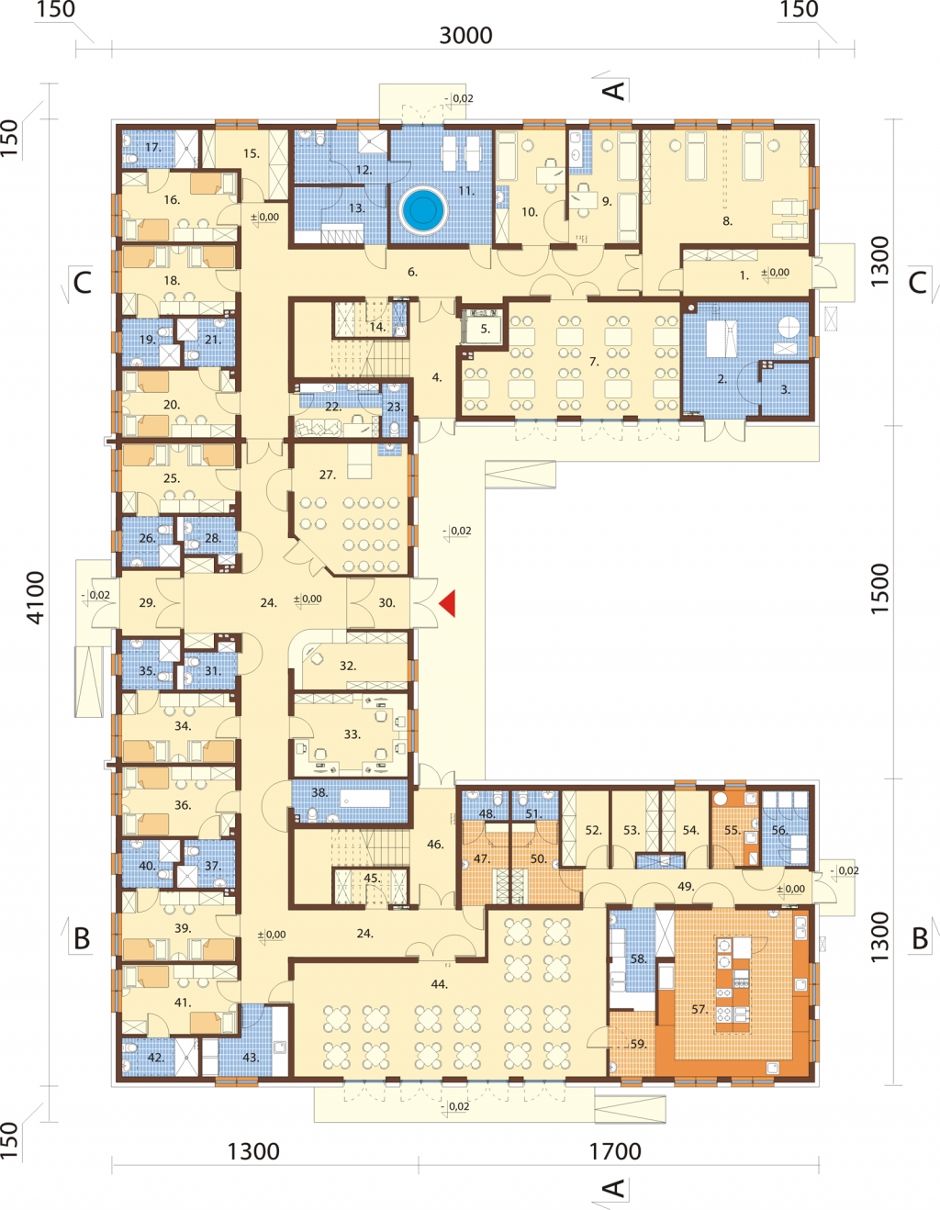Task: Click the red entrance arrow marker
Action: pyautogui.click(x=449, y=603)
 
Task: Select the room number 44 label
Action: pyautogui.click(x=439, y=984)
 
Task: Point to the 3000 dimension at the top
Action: pyautogui.click(x=465, y=36)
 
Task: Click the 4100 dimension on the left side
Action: pyautogui.click(x=36, y=598)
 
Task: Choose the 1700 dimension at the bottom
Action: pyautogui.click(x=615, y=1151)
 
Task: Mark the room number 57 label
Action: pyautogui.click(x=699, y=1009)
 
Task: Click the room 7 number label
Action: pyautogui.click(x=595, y=362)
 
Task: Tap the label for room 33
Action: pyautogui.click(x=352, y=734)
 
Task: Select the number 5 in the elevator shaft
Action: pyautogui.click(x=486, y=329)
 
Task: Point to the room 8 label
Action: pyautogui.click(x=727, y=221)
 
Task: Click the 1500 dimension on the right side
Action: pyautogui.click(x=881, y=589)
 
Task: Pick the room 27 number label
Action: pyautogui.click(x=327, y=475)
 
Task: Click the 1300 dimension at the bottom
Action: pyautogui.click(x=253, y=1151)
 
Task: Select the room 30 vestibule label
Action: pyautogui.click(x=386, y=602)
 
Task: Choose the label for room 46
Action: pyautogui.click(x=435, y=845)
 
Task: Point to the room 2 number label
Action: pyautogui.click(x=722, y=379)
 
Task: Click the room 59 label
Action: pyautogui.click(x=638, y=1045)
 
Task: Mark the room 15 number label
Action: pyautogui.click(x=252, y=153)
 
